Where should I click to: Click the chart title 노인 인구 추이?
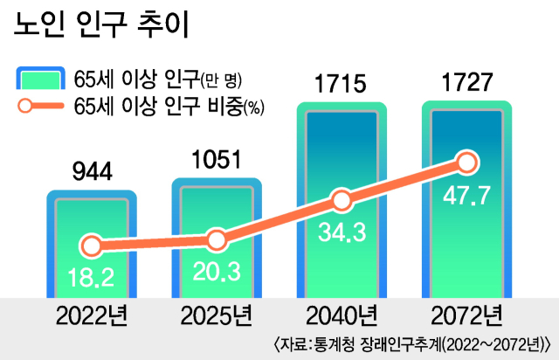coord(102,24)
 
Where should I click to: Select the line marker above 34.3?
coord(341,201)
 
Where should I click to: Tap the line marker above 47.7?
coord(466,163)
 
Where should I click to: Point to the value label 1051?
coord(216,159)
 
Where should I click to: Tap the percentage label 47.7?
coord(466,195)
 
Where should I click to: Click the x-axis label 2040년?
coord(341,314)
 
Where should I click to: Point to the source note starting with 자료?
coord(416,342)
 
